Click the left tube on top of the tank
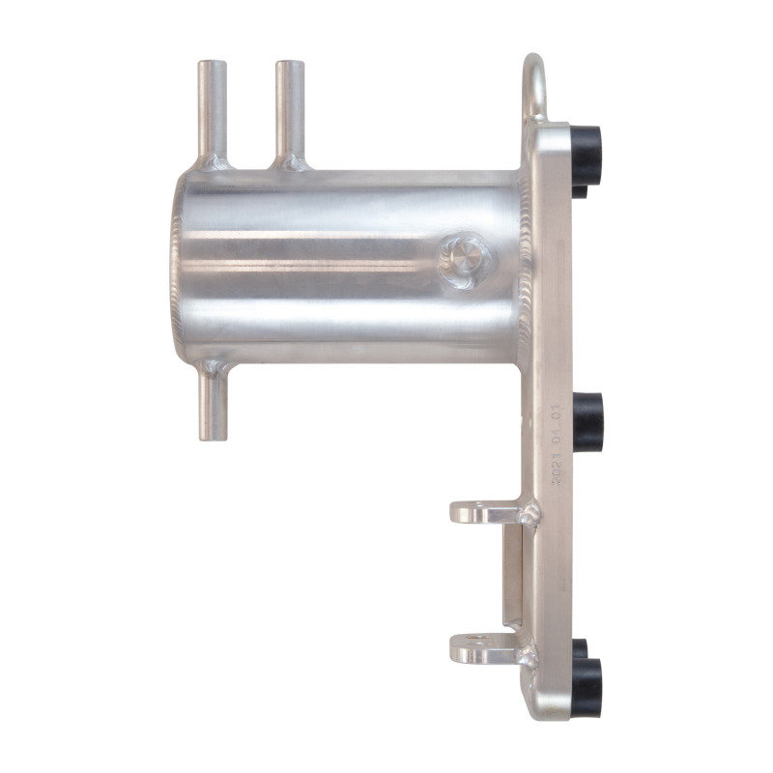click(x=212, y=106)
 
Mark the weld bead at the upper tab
click(x=528, y=515)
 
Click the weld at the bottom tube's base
click(x=215, y=368)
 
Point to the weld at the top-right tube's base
click(x=290, y=162)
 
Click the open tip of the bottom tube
click(x=214, y=437)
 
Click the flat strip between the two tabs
click(x=511, y=580)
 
